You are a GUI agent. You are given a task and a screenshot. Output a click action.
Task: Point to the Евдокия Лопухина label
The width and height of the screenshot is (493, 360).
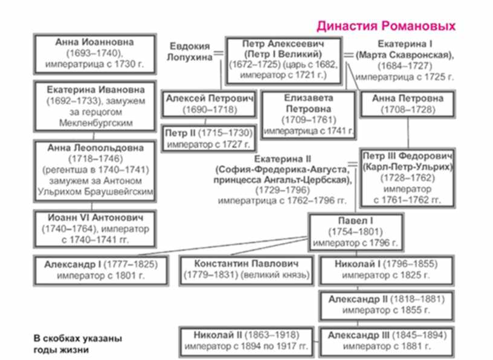pos(189,52)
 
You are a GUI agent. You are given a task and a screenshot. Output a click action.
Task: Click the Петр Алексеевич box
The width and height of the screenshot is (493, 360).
pos(283,60)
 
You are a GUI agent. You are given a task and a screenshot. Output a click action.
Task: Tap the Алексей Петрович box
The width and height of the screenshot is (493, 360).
pos(208,104)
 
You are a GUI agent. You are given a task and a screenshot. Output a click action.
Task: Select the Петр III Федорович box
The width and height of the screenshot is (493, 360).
pos(407,178)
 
